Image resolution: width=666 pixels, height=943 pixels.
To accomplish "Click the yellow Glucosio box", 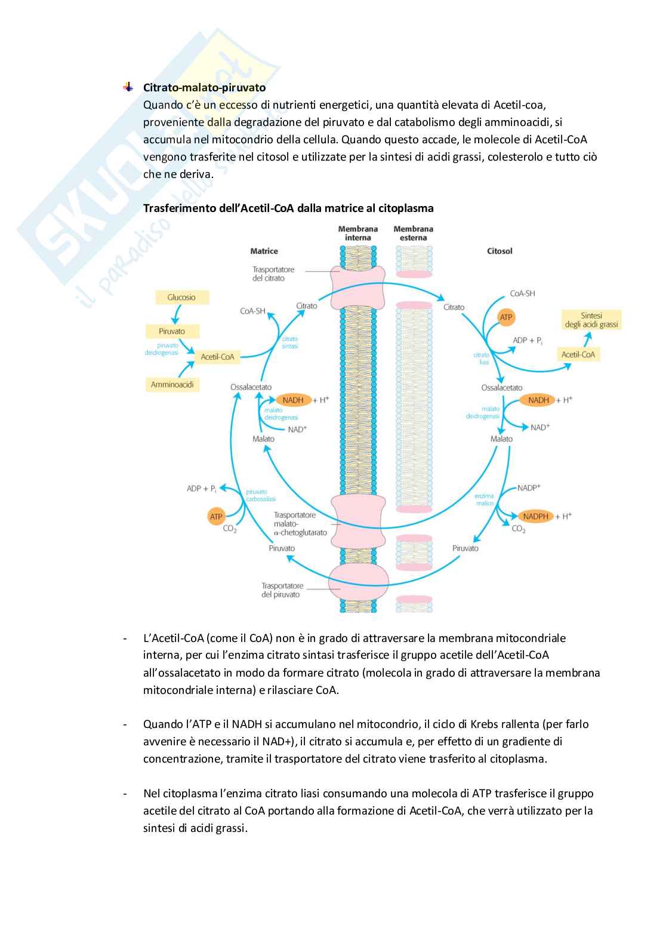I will [181, 297].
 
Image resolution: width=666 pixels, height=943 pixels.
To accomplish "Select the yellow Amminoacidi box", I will [172, 385].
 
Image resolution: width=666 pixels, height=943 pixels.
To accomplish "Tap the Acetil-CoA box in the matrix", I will [217, 357].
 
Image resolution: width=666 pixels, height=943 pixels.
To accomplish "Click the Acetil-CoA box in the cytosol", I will [578, 354].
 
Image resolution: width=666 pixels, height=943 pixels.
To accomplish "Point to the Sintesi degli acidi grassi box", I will [591, 320].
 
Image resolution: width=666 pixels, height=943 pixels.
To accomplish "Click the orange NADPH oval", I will [535, 516].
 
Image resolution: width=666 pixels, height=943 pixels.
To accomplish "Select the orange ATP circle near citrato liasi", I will [506, 317].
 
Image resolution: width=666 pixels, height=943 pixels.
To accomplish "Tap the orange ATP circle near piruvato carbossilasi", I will [216, 517].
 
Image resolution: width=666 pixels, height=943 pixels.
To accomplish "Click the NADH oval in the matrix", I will [292, 400].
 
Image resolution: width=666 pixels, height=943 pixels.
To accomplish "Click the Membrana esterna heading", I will [413, 234].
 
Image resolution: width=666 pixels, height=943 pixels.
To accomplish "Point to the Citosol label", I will [499, 251].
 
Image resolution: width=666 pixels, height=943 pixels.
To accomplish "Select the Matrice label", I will [264, 251].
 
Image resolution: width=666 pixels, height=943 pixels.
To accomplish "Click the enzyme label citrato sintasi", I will [290, 343].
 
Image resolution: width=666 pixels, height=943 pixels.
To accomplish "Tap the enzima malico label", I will [484, 499].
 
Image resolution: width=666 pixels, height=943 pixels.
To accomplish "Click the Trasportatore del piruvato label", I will [282, 590].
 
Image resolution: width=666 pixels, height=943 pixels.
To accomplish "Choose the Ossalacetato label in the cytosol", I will [501, 388].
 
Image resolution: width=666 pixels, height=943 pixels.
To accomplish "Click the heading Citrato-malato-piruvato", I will [204, 88].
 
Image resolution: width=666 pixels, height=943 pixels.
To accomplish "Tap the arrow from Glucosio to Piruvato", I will [175, 314].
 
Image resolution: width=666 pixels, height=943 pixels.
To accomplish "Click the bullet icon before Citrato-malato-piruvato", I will [128, 88].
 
